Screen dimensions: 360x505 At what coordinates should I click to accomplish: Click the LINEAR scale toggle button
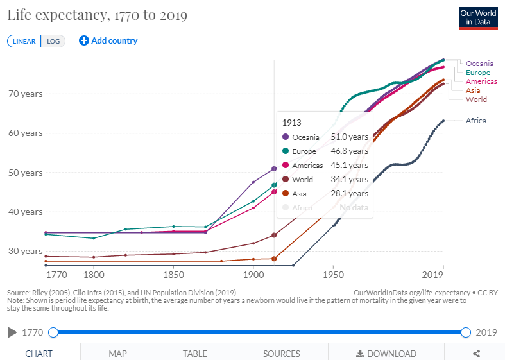24,41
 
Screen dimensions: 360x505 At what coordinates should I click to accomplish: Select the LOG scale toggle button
53,41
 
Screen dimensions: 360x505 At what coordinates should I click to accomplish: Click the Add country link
108,40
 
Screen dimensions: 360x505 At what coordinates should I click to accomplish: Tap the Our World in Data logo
478,17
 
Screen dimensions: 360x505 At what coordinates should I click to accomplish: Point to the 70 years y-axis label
25,94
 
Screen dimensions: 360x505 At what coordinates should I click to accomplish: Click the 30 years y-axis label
25,251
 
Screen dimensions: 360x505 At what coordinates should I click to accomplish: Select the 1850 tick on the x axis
173,275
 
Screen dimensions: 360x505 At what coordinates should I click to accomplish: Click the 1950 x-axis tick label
333,275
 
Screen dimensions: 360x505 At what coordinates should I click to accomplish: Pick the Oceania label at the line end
479,64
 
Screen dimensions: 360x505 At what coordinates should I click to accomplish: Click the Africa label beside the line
475,121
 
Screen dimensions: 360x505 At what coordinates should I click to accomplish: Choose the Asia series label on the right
472,90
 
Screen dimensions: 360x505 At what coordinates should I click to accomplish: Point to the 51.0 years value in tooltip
349,137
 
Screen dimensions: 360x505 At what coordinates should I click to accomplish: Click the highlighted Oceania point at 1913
274,168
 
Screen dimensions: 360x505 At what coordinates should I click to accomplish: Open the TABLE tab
194,353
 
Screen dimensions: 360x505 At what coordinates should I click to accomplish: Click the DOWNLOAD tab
386,353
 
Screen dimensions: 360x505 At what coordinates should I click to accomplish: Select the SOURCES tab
281,353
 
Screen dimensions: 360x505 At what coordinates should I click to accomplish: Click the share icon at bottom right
476,353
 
